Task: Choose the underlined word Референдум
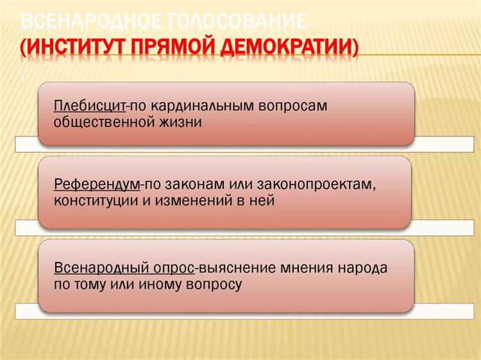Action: tap(97, 184)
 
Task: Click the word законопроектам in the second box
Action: tap(315, 184)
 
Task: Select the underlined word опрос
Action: tap(173, 268)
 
